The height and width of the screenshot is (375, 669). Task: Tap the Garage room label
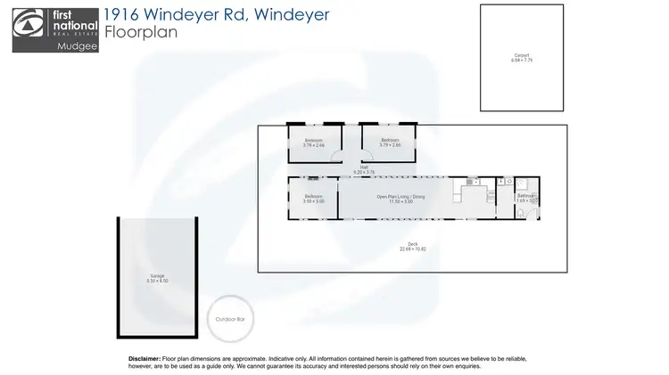156,278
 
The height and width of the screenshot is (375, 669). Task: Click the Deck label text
411,245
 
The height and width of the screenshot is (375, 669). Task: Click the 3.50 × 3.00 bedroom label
314,199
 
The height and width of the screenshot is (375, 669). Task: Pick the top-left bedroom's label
314,143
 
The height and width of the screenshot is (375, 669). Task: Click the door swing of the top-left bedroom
334,158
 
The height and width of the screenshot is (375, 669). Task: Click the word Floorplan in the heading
137,33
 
